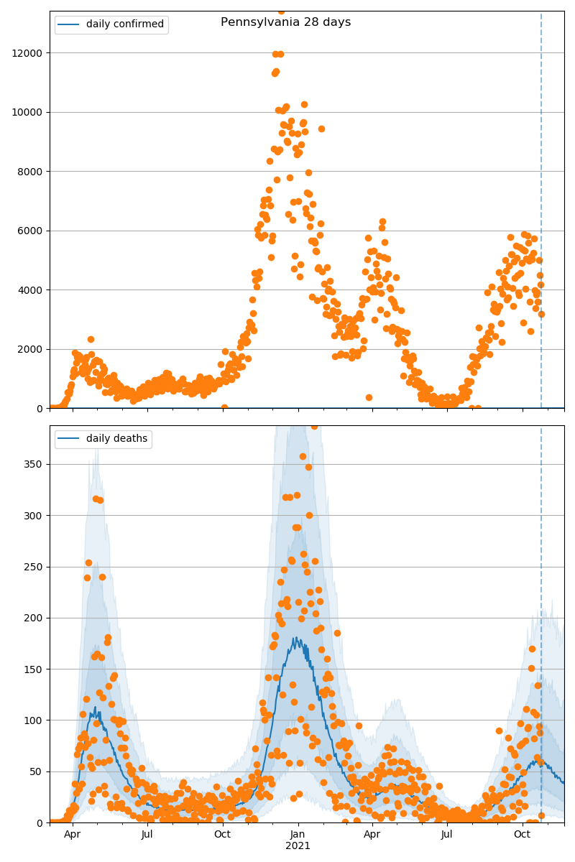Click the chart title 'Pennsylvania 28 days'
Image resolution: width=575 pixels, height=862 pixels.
pyautogui.click(x=285, y=22)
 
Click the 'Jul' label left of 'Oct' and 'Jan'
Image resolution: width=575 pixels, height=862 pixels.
pyautogui.click(x=147, y=835)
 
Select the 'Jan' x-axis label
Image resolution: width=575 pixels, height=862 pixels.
pyautogui.click(x=298, y=835)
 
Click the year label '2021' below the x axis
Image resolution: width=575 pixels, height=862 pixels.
pyautogui.click(x=298, y=846)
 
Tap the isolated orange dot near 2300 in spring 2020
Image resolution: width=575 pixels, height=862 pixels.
pyautogui.click(x=91, y=339)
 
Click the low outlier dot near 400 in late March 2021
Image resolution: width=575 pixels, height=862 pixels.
pyautogui.click(x=369, y=397)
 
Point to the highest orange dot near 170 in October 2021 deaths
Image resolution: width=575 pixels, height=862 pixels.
pyautogui.click(x=532, y=649)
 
